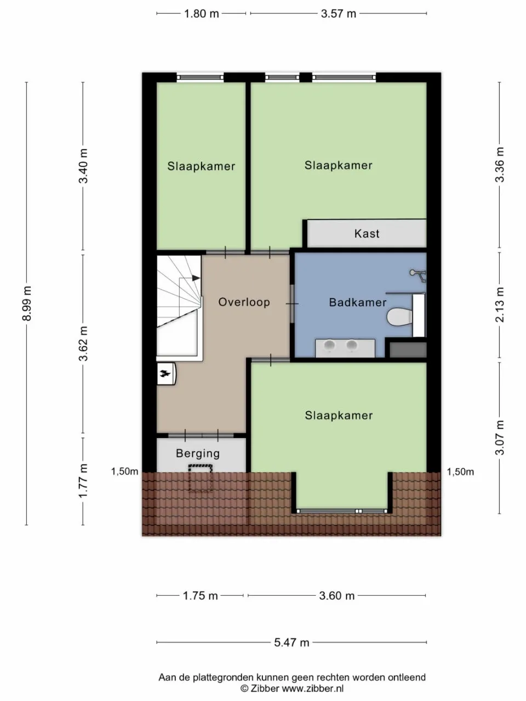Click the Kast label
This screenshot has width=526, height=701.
tap(367, 234)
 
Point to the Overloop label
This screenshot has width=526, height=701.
tap(244, 302)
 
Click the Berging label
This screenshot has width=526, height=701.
tap(198, 453)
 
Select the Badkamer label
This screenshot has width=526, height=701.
tap(357, 302)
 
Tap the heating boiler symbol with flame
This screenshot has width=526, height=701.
tap(165, 374)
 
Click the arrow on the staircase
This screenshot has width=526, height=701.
tap(196, 278)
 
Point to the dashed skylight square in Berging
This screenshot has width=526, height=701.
tap(201, 478)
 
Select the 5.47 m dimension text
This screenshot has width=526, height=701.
tap(291, 642)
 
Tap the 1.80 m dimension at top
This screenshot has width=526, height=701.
tap(201, 14)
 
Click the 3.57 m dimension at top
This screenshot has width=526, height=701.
tap(338, 14)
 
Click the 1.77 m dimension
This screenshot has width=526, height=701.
tap(83, 480)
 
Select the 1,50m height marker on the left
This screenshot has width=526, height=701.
tap(124, 472)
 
